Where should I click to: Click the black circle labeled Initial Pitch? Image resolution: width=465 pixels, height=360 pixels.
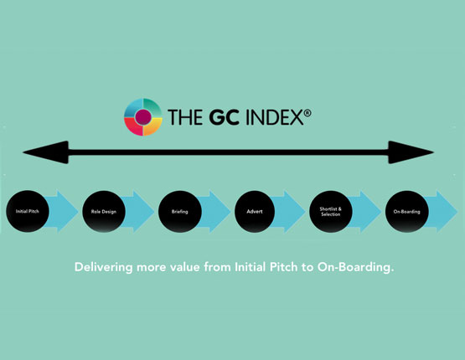(x=28, y=211)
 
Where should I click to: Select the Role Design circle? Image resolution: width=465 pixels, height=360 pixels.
(x=104, y=211)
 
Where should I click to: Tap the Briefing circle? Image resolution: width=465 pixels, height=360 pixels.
(x=180, y=211)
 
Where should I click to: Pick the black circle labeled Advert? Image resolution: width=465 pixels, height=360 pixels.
(x=255, y=211)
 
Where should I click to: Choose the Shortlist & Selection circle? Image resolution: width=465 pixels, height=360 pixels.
(x=331, y=211)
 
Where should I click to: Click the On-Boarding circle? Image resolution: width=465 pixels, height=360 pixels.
(x=407, y=211)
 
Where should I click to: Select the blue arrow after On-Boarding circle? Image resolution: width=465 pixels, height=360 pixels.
(x=442, y=212)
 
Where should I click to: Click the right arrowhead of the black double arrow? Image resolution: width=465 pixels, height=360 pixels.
(x=411, y=152)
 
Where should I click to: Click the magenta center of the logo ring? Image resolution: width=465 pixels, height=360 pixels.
(x=143, y=117)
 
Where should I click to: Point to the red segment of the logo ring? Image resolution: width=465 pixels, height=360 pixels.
(x=132, y=126)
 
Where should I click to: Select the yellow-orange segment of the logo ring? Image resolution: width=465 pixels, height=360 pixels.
(x=153, y=126)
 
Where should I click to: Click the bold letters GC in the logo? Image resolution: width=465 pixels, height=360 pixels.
(x=224, y=117)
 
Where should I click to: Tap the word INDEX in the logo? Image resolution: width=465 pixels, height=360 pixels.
(x=275, y=117)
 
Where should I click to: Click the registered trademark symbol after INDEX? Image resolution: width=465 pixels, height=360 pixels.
(x=307, y=113)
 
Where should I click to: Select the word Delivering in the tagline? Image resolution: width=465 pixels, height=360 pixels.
(x=104, y=268)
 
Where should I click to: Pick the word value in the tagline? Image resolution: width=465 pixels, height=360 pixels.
(x=186, y=268)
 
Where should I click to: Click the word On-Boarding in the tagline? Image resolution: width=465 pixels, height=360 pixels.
(x=356, y=268)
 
